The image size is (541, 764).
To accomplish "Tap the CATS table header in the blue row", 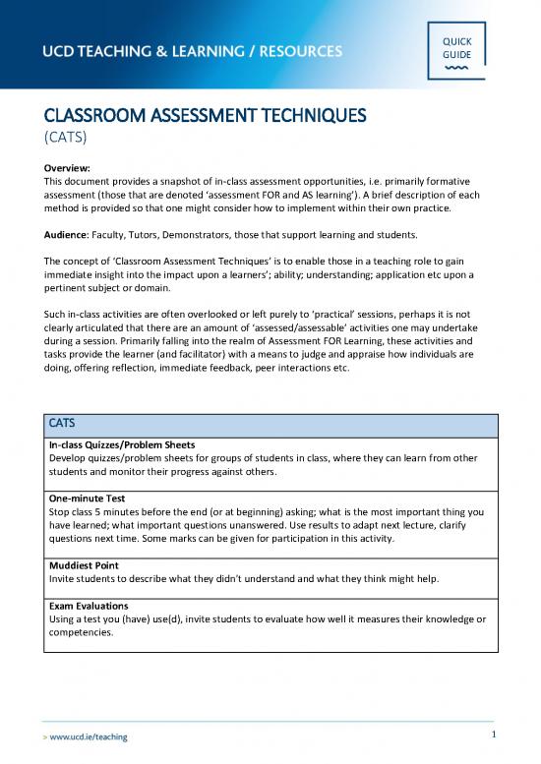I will coord(65,423).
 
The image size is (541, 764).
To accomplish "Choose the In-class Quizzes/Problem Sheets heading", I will coord(131,445).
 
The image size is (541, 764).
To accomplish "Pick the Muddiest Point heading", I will coord(88,566).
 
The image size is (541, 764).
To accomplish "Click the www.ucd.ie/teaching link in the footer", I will coord(87,735).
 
